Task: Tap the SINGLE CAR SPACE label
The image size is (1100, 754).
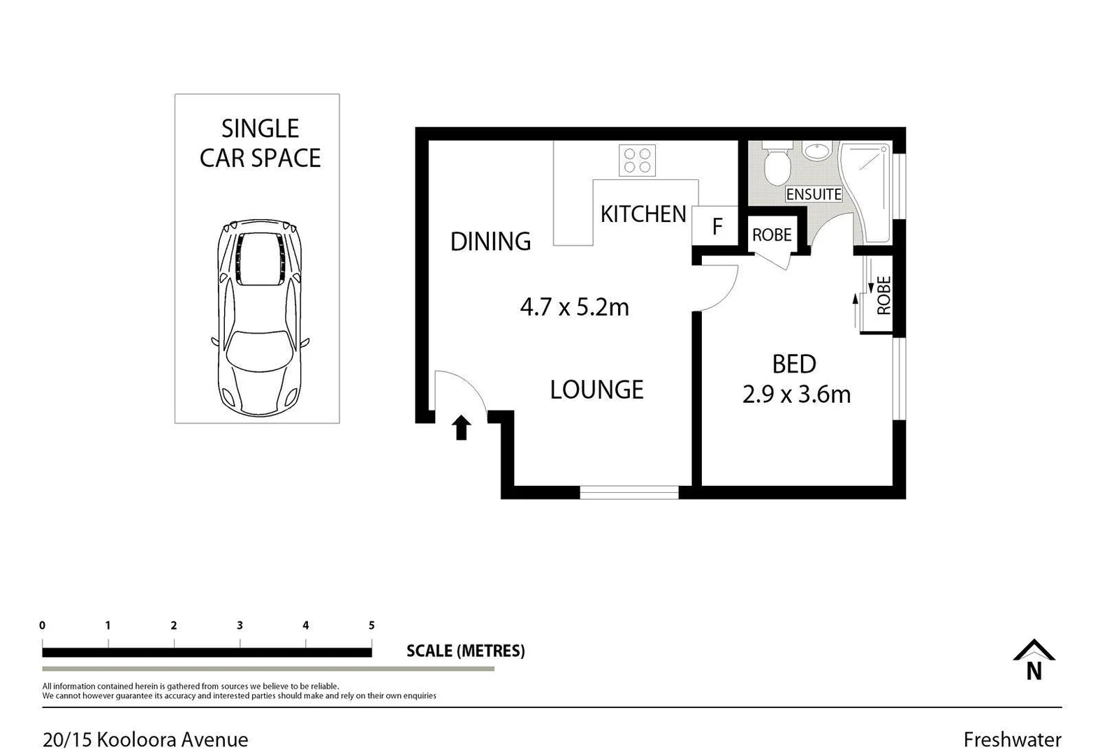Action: coord(260,144)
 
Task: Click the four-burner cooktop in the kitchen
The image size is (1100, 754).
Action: coord(637,161)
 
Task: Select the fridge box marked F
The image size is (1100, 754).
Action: coord(715,226)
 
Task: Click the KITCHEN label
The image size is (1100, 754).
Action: coord(643,214)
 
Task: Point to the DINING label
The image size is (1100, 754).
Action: coord(490,242)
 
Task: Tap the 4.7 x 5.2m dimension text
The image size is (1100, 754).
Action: coord(574,307)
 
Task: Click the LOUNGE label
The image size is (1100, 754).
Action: coord(596,390)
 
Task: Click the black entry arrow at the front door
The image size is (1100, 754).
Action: coord(461,427)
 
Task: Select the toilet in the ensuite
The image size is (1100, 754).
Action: coord(777,165)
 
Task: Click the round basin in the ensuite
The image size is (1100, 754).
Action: coord(814,151)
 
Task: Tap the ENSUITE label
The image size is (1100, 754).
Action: coord(814,194)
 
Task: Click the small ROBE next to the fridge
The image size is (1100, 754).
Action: coord(772,235)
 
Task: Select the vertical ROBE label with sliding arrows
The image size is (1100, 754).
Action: coord(883,295)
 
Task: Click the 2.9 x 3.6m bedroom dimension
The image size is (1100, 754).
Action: coord(796,395)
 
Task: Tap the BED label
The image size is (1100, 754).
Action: coord(794,364)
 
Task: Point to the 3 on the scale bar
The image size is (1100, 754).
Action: coord(240,626)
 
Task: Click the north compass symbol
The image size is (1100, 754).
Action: coord(1034,660)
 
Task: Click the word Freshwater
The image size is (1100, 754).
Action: coord(1012,739)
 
